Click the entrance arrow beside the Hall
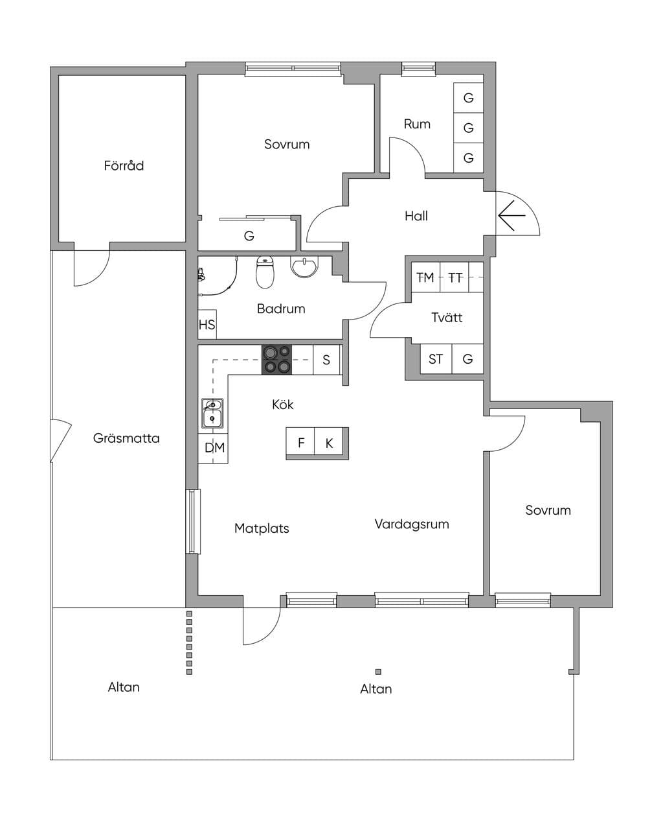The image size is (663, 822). tap(511, 215)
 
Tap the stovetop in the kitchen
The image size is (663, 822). tap(276, 359)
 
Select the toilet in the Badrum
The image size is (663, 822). tap(265, 272)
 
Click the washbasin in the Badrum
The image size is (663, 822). tap(304, 266)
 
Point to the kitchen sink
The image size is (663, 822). tap(212, 413)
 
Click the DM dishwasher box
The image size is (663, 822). tap(213, 448)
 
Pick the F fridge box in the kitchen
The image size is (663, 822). tap(300, 442)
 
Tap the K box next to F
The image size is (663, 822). tap(329, 442)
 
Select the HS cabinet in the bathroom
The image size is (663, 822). tap(207, 324)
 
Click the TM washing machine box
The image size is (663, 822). tap(425, 277)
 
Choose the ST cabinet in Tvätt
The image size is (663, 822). tap(436, 359)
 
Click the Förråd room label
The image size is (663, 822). tap(124, 165)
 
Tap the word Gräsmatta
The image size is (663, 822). tap(126, 438)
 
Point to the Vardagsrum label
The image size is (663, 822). tap(412, 524)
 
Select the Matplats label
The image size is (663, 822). tap(262, 528)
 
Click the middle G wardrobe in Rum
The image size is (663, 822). tap(468, 128)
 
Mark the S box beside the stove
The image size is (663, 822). tap(326, 359)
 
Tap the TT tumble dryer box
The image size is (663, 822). tap(455, 277)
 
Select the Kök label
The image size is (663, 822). tap(282, 405)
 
